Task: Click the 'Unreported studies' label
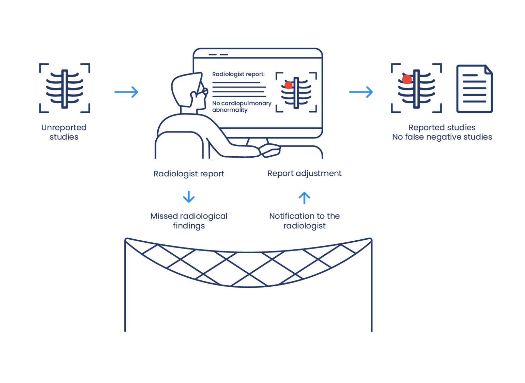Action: [x=64, y=132]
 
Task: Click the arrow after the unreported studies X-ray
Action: [x=126, y=92]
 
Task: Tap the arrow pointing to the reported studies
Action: [x=361, y=92]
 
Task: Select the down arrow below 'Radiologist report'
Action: [x=189, y=197]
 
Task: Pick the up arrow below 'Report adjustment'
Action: [x=304, y=198]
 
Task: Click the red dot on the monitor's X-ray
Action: [x=289, y=85]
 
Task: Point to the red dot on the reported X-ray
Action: [x=407, y=79]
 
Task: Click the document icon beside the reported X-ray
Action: [x=474, y=89]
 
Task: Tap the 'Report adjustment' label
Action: [x=304, y=174]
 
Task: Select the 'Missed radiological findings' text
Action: [x=188, y=221]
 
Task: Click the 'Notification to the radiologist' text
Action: [x=304, y=221]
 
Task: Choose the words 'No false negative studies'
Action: [x=442, y=137]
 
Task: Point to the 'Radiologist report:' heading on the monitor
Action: [x=238, y=74]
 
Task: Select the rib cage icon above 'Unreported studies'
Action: [x=65, y=89]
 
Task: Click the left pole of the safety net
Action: [x=125, y=289]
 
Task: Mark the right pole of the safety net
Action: [x=372, y=289]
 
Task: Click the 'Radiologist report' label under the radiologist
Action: [x=188, y=174]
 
